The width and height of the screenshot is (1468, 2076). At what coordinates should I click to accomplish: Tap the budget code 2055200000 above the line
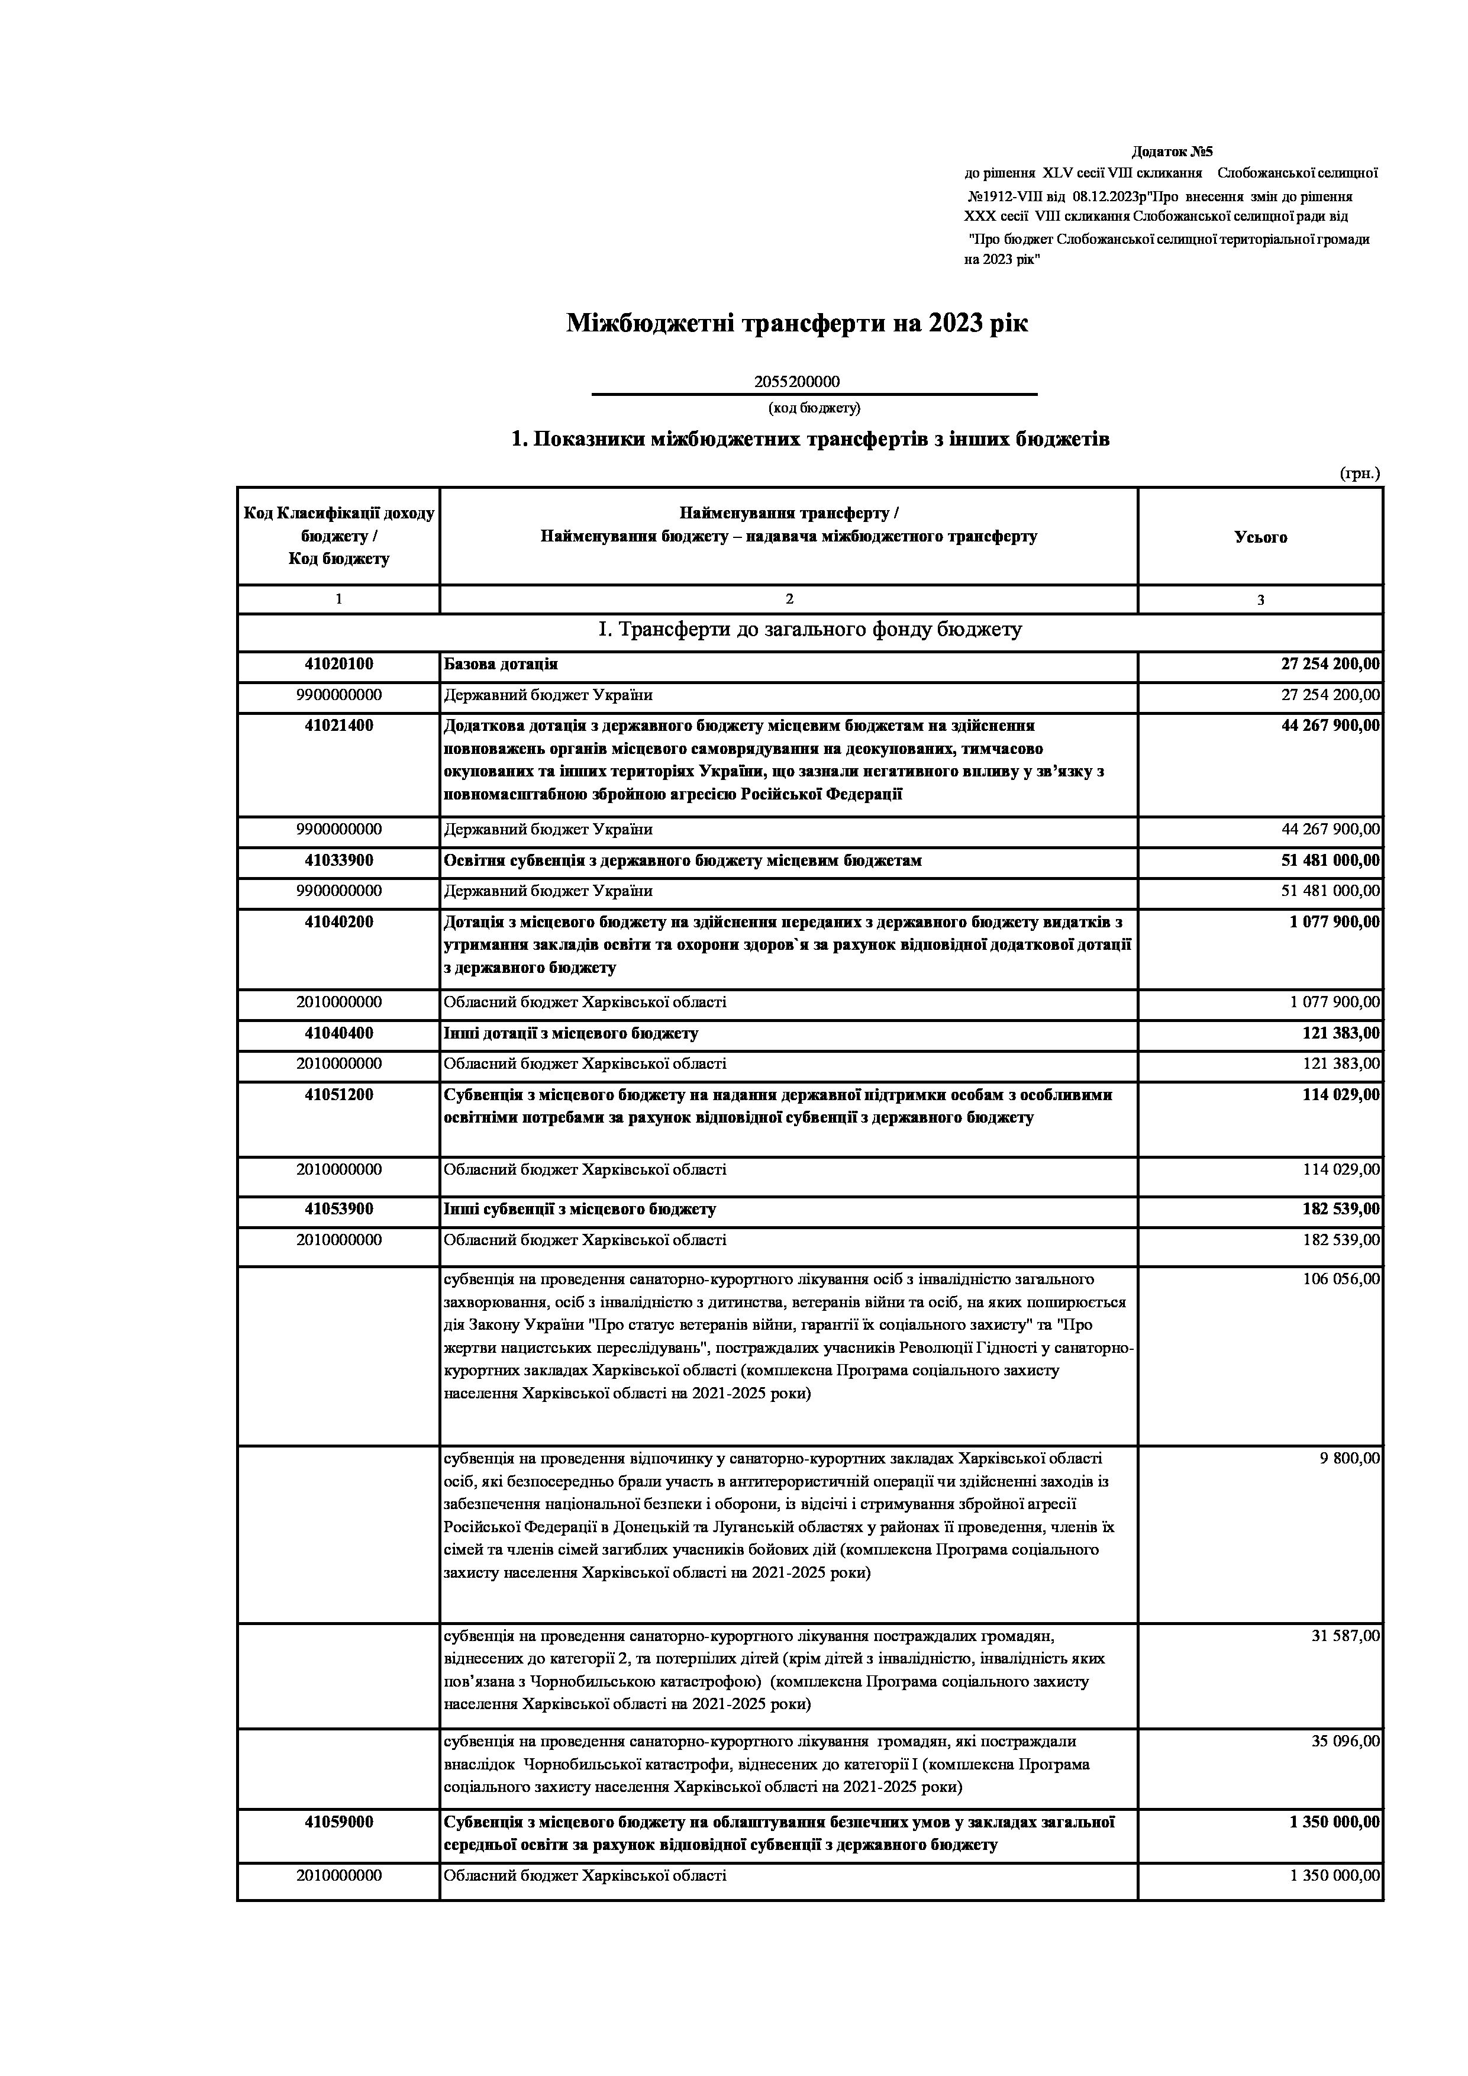796,382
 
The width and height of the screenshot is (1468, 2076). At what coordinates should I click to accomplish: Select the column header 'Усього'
1260,537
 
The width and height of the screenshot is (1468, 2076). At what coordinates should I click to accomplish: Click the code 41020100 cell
339,665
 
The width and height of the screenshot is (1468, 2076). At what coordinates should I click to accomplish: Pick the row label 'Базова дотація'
501,665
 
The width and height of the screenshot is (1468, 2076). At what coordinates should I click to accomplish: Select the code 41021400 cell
339,726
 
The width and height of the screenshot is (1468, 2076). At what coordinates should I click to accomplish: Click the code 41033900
339,861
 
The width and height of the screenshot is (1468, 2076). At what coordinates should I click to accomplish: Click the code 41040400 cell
339,1033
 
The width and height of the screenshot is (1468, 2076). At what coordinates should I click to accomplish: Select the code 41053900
339,1210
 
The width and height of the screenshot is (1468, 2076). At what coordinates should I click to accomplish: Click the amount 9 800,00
1350,1458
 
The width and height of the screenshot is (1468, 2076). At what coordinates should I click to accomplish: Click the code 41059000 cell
339,1822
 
